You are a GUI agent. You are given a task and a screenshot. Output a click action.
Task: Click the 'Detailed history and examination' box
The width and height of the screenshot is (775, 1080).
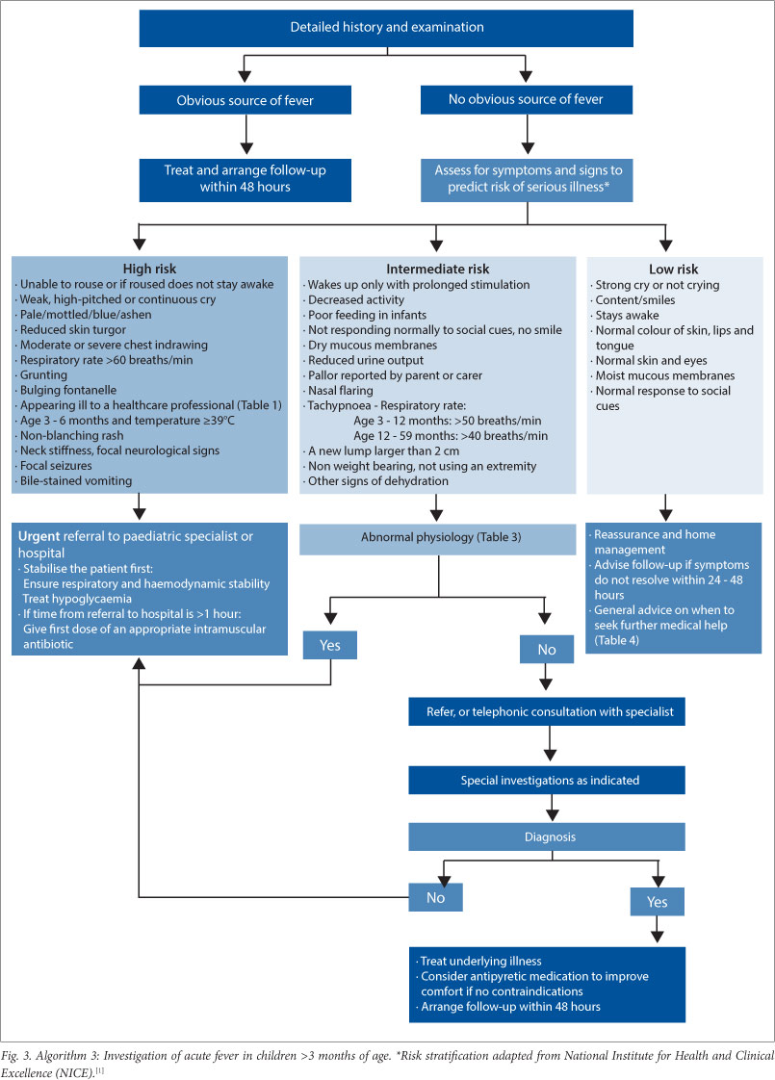(387, 27)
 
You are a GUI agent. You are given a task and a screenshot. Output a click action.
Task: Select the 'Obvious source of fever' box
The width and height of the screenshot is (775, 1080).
(244, 99)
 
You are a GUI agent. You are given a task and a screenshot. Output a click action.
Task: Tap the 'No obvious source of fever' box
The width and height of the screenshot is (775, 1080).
(527, 99)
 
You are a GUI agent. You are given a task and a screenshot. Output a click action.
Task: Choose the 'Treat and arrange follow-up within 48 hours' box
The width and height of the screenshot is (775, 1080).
(244, 179)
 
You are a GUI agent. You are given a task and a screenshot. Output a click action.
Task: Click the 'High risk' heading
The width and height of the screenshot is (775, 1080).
(149, 270)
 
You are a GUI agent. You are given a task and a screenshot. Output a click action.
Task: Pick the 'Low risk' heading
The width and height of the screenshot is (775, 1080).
(674, 270)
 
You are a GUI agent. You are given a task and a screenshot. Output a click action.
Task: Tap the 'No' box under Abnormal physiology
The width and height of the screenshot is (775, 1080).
(547, 649)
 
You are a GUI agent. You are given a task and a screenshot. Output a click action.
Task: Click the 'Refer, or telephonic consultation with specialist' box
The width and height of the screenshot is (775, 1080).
(547, 713)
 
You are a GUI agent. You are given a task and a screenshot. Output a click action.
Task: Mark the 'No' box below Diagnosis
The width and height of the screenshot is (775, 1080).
(436, 896)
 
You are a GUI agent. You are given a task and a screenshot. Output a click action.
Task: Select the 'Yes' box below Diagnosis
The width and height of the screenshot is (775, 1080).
(657, 901)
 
